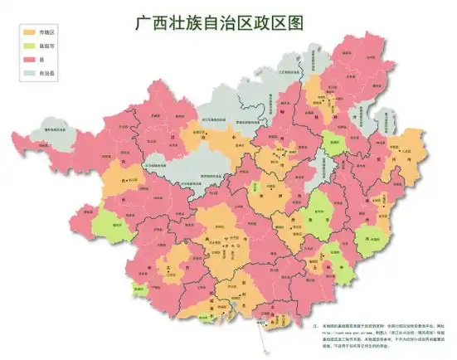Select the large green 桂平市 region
click(314, 212)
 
